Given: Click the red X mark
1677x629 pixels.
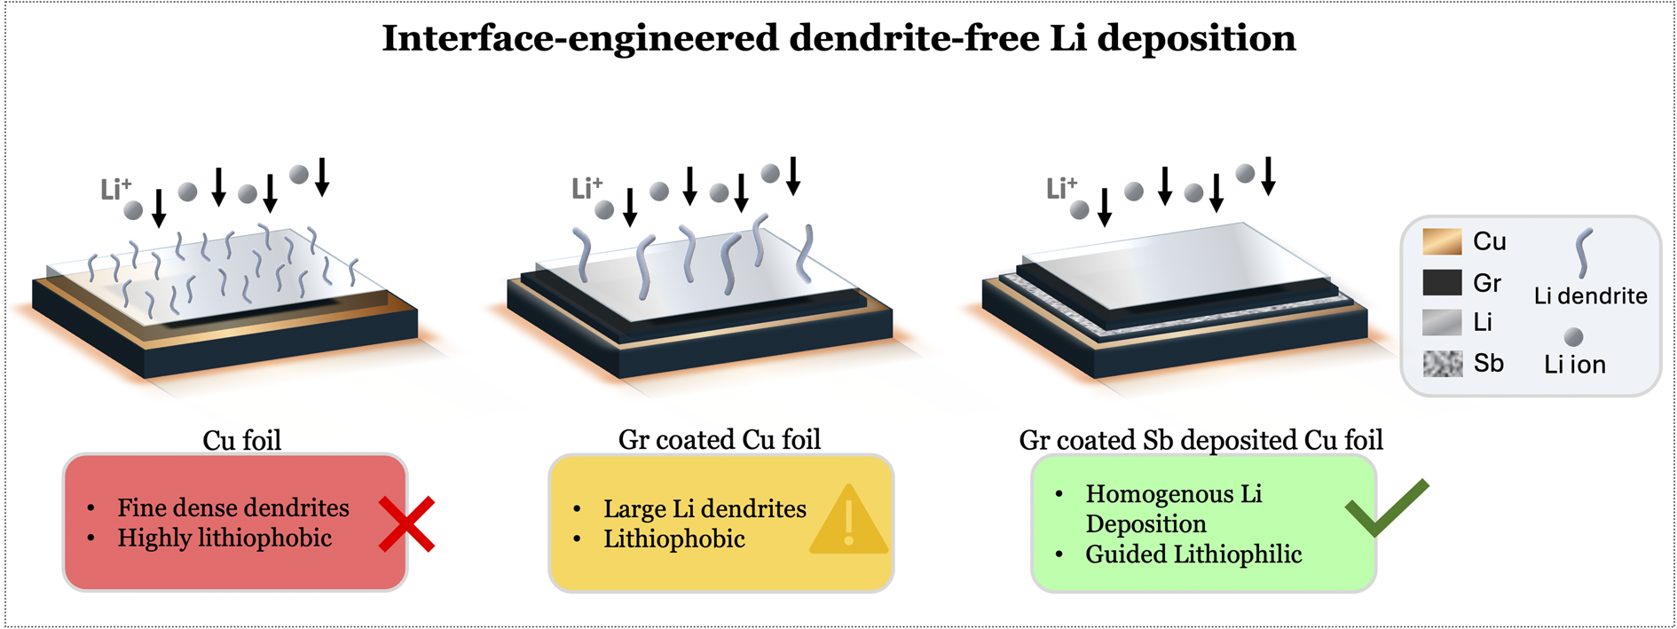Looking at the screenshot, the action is coord(406,524).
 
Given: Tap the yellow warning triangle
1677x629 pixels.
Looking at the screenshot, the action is coord(849,521).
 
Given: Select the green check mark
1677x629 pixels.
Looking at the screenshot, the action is coord(1386,507).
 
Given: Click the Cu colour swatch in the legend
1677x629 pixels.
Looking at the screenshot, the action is coord(1442,242).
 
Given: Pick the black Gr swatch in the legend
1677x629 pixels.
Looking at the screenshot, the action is coord(1442,283).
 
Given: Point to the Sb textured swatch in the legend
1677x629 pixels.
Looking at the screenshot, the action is coord(1442,364).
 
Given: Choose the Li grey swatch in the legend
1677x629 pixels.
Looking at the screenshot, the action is coord(1442,323).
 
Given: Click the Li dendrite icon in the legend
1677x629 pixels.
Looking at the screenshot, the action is coord(1584,254).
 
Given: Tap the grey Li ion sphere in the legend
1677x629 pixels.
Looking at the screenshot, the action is coord(1573,337).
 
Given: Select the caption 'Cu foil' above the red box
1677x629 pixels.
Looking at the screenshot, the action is coord(241,440).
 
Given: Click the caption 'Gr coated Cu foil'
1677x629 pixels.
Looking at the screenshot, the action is coord(720,439).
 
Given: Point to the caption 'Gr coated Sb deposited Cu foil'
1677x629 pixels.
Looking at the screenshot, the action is coord(1201,440).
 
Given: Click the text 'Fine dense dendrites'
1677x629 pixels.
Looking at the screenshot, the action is coord(233,507).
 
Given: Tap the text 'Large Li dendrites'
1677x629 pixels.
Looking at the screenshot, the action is coord(705,508).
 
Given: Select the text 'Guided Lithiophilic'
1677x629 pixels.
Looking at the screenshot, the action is coord(1193,554).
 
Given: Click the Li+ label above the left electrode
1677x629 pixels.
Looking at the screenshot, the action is coord(115,189).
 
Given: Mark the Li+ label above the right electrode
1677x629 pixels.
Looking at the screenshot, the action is coord(1061,188).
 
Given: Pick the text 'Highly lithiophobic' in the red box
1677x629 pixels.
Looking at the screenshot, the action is coord(224,538).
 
